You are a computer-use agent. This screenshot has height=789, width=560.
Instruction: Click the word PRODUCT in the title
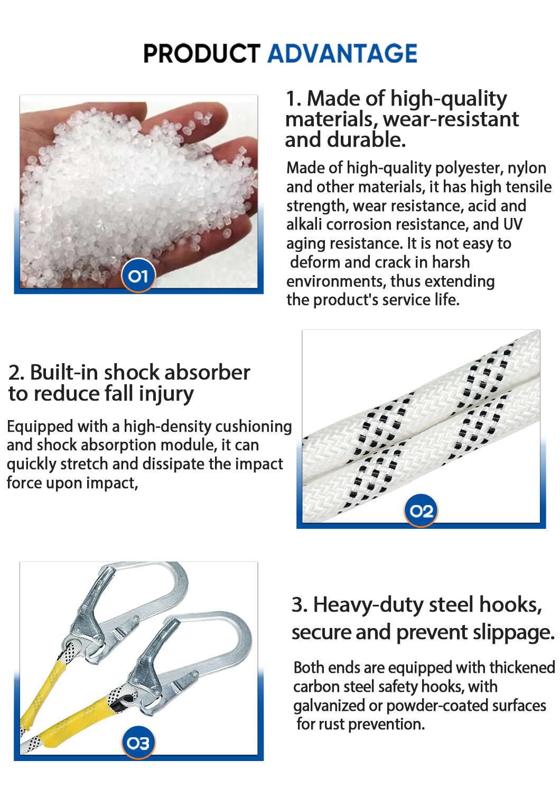coord(202,53)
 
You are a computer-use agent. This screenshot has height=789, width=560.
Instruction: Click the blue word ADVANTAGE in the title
coord(342,53)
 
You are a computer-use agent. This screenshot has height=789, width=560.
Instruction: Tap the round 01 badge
coord(138,276)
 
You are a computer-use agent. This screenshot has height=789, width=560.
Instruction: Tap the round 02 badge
coord(421,511)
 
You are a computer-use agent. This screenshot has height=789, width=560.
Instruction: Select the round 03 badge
coord(138,743)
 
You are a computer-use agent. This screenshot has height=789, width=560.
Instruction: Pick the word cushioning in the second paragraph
coord(254,427)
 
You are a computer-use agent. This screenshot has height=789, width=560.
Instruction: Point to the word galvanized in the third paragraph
coord(329,706)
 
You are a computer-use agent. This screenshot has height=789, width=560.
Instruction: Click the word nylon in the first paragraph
coord(527,168)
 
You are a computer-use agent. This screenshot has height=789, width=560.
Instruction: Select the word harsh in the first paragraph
coord(451,262)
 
